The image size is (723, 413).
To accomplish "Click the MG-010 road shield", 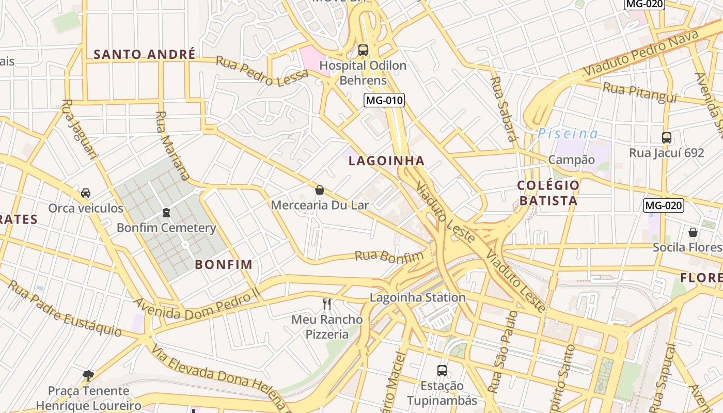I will (x=384, y=100).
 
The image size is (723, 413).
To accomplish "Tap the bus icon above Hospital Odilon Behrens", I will (x=363, y=50).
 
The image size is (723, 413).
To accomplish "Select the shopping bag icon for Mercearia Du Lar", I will (x=320, y=190).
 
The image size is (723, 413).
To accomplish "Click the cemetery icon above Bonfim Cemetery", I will (x=166, y=212).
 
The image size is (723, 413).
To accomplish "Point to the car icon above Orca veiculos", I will (x=86, y=193).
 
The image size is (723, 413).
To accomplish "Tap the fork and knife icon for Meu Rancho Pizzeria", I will (x=327, y=304).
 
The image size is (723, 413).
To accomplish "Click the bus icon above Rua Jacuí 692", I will (x=667, y=138).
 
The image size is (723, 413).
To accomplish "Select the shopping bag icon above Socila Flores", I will (x=693, y=232).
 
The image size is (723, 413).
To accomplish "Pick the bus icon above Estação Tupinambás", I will (x=442, y=370).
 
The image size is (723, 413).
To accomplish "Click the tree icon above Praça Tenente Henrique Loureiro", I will (x=88, y=375).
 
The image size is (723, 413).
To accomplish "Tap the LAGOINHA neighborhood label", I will (x=386, y=161).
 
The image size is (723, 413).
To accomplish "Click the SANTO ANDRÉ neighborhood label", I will (x=145, y=54).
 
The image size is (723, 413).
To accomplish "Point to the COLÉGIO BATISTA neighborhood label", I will (x=548, y=193).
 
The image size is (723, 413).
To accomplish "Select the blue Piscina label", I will (x=568, y=134).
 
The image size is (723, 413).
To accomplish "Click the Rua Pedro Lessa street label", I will (x=262, y=70).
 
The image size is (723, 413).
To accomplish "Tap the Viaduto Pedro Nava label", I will (x=640, y=53).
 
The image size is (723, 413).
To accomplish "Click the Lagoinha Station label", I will (x=418, y=297).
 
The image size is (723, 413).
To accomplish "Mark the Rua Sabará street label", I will (x=503, y=109).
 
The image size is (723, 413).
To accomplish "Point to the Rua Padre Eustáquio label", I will (x=65, y=309).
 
